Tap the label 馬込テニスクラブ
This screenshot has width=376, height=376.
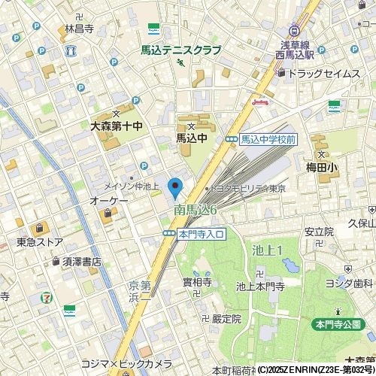(181, 50)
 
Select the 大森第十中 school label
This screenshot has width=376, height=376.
(116, 128)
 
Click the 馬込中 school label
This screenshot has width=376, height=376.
(191, 138)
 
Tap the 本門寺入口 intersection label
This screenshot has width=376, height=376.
(201, 235)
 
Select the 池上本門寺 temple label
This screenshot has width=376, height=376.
(259, 286)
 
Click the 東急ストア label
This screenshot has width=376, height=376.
(40, 242)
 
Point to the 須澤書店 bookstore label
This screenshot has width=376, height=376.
(81, 262)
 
